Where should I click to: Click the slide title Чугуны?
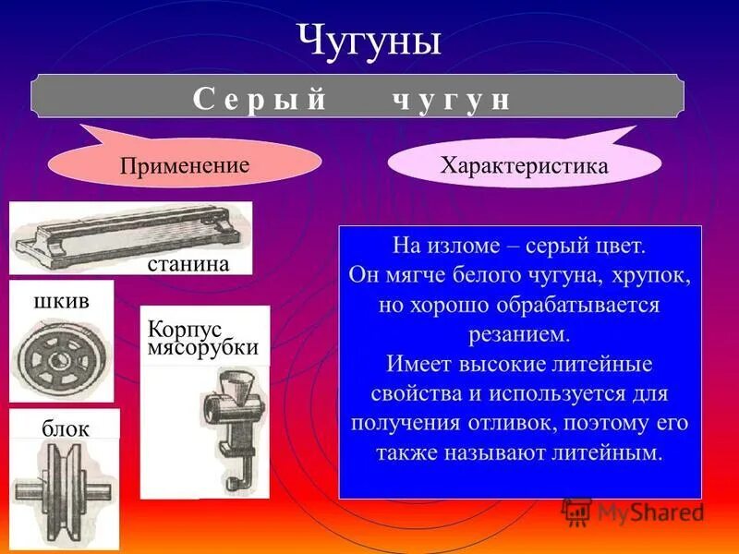369,42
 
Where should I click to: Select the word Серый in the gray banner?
260,101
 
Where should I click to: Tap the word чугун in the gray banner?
447,101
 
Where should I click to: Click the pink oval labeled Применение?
184,166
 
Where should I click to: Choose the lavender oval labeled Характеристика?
524,166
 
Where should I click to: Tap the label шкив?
60,301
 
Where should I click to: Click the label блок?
65,428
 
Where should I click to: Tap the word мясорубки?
202,348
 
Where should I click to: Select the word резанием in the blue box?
521,331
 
